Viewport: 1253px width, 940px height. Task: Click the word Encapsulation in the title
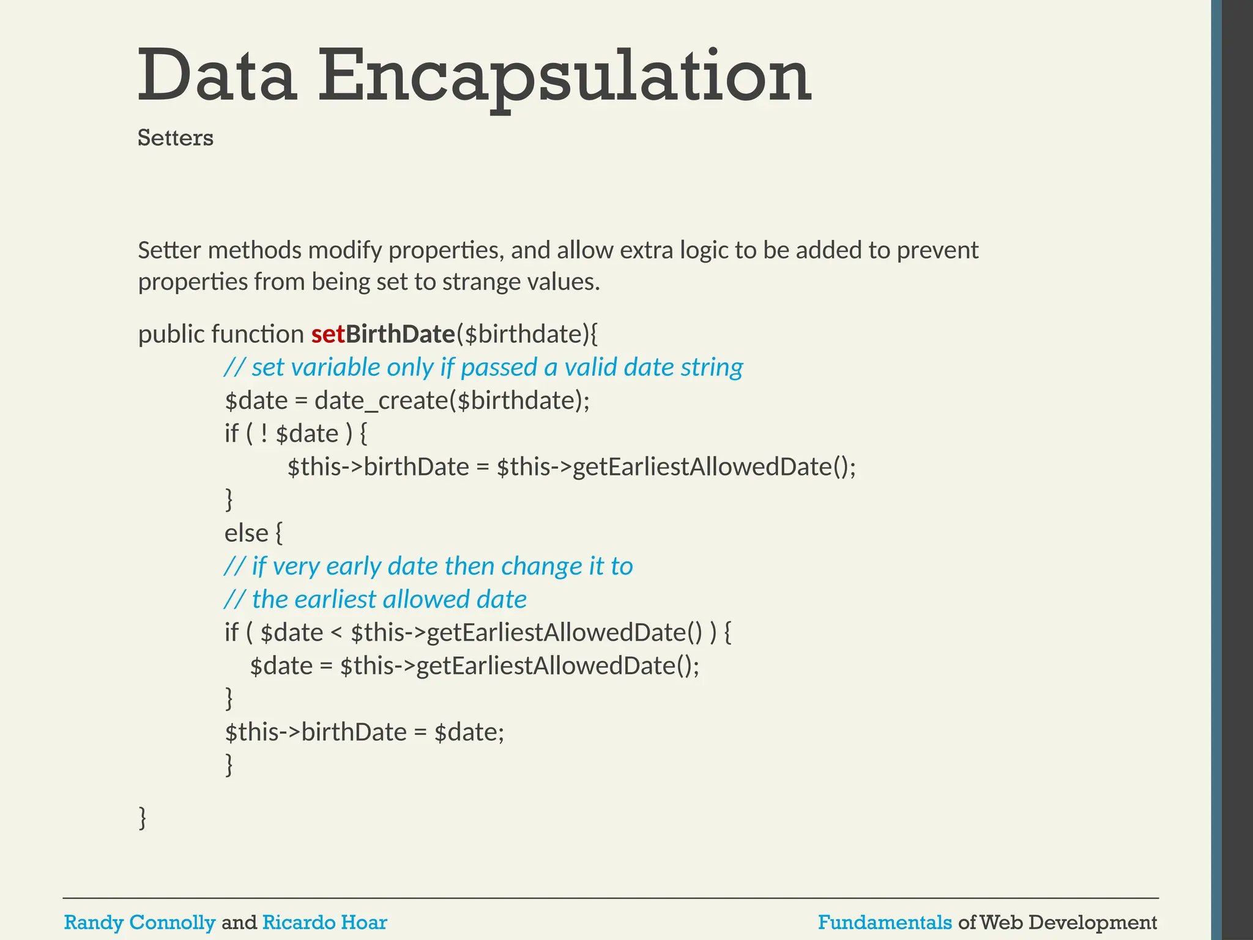[564, 77]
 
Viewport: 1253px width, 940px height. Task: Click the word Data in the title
[217, 77]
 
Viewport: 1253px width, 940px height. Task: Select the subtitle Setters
[176, 138]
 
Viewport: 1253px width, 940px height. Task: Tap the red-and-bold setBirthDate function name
[383, 334]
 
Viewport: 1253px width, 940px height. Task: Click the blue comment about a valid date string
[483, 367]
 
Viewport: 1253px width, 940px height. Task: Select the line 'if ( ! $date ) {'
[296, 434]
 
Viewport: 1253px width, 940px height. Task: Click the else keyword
[247, 533]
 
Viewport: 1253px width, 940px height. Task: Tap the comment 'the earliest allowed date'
[376, 599]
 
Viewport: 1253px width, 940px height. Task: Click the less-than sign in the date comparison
[336, 632]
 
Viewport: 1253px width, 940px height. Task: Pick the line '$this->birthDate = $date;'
[365, 732]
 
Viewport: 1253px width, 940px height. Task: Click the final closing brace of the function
[143, 818]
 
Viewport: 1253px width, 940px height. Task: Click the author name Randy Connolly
[139, 922]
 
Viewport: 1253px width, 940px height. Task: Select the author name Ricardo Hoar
[324, 922]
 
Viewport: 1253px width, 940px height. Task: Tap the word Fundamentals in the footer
[885, 922]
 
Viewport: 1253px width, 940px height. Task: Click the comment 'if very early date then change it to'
[428, 566]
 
